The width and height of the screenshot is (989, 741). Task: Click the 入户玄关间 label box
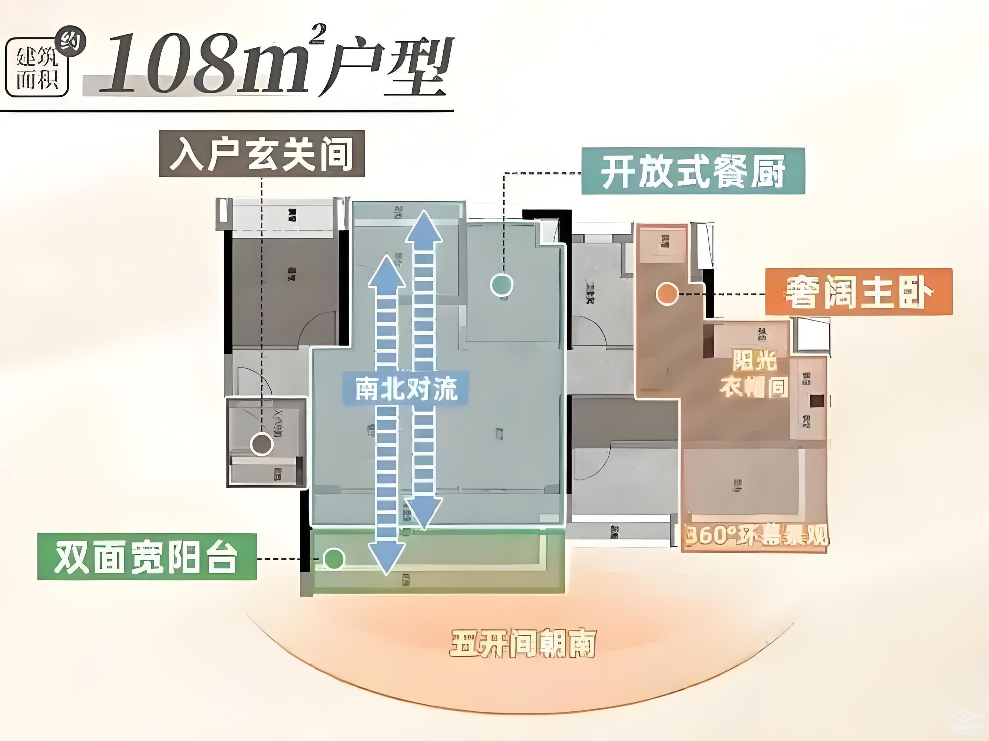[x=262, y=154]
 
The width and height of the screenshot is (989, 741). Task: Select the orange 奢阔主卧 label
[x=859, y=292]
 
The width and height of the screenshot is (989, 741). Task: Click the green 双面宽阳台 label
[x=147, y=557]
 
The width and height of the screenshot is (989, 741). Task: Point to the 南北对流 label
[x=406, y=388]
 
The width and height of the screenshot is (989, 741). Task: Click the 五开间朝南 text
[x=523, y=644]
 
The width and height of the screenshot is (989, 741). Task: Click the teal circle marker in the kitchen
[x=501, y=285]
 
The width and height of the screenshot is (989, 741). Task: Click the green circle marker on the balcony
[x=334, y=559]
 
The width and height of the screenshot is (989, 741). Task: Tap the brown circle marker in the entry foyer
[x=262, y=444]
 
